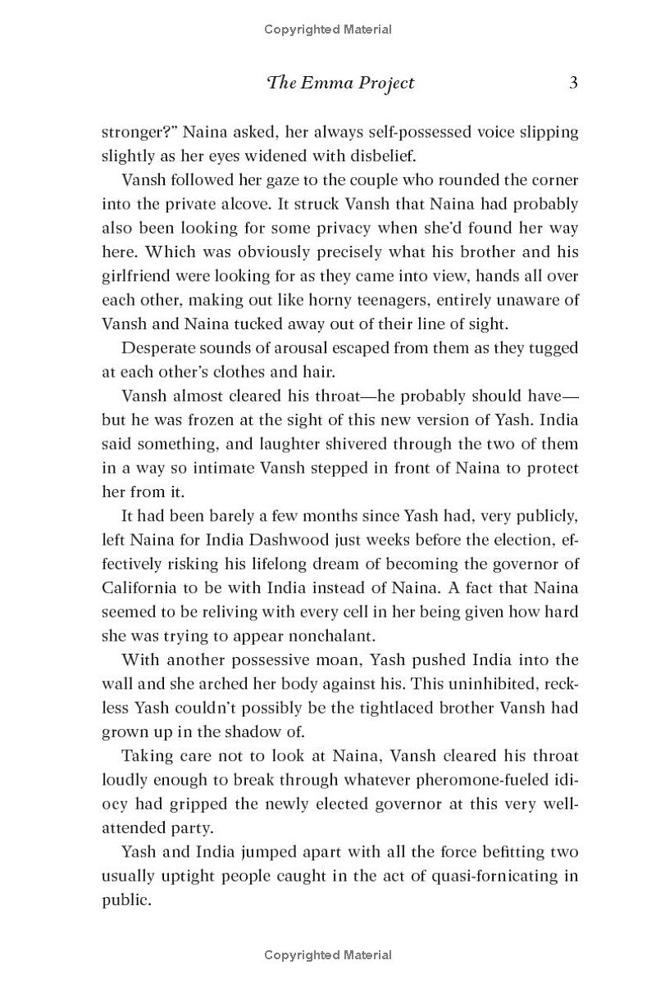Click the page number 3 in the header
click(x=573, y=83)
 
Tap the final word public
click(x=126, y=899)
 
